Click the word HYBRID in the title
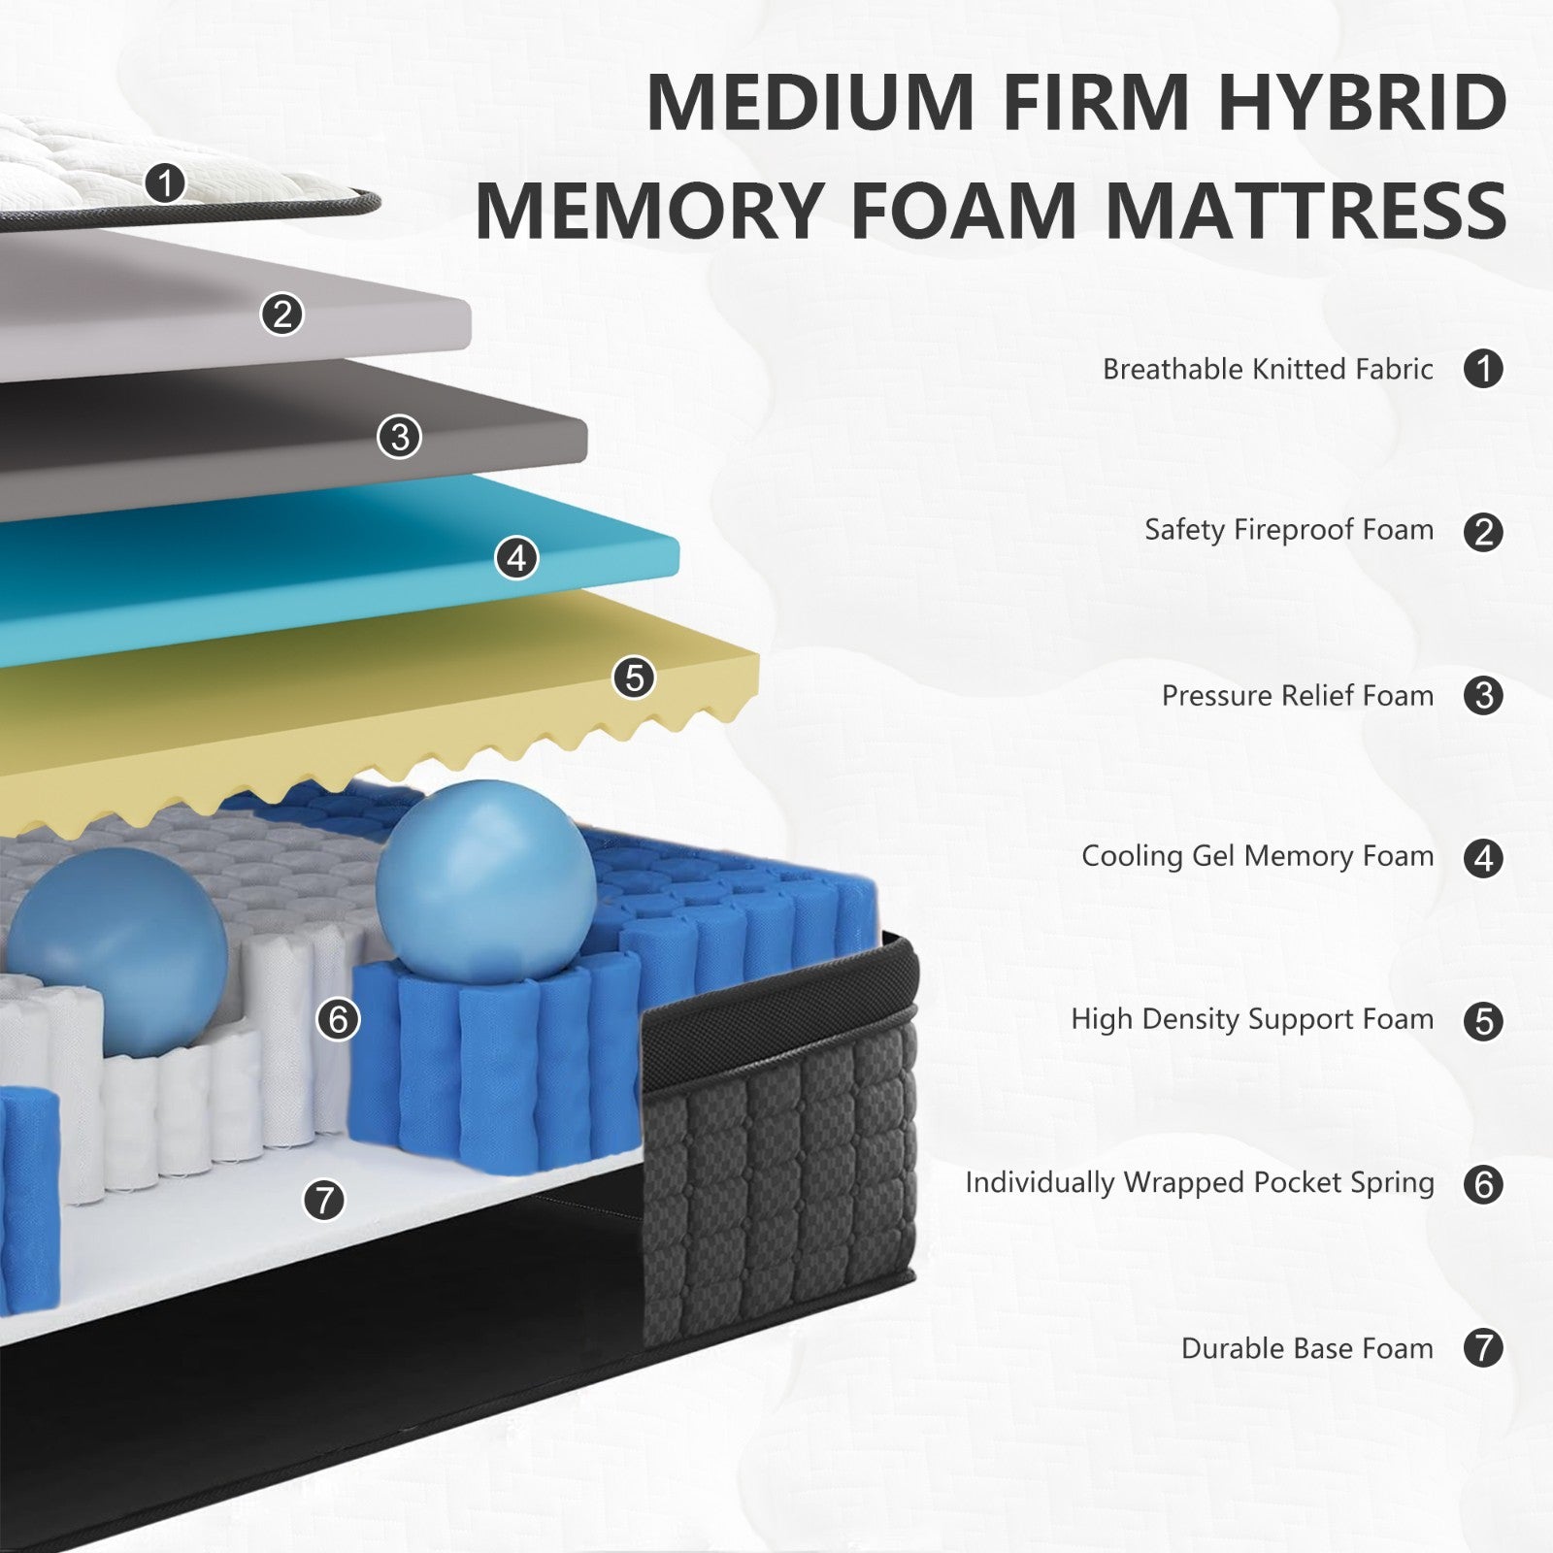1362,102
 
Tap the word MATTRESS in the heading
1306,211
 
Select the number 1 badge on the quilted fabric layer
166,182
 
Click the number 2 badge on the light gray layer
282,314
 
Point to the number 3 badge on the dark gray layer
399,437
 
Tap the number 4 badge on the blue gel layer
516,558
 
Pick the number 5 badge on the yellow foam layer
634,677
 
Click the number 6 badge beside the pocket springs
338,1019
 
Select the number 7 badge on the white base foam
324,1200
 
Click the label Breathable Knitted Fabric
1267,370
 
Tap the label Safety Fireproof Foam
1288,530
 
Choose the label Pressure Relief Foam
1297,696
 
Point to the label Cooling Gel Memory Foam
1257,856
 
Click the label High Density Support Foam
1251,1019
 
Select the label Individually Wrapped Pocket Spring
1199,1183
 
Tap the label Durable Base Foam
1306,1348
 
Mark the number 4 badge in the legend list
1483,858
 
